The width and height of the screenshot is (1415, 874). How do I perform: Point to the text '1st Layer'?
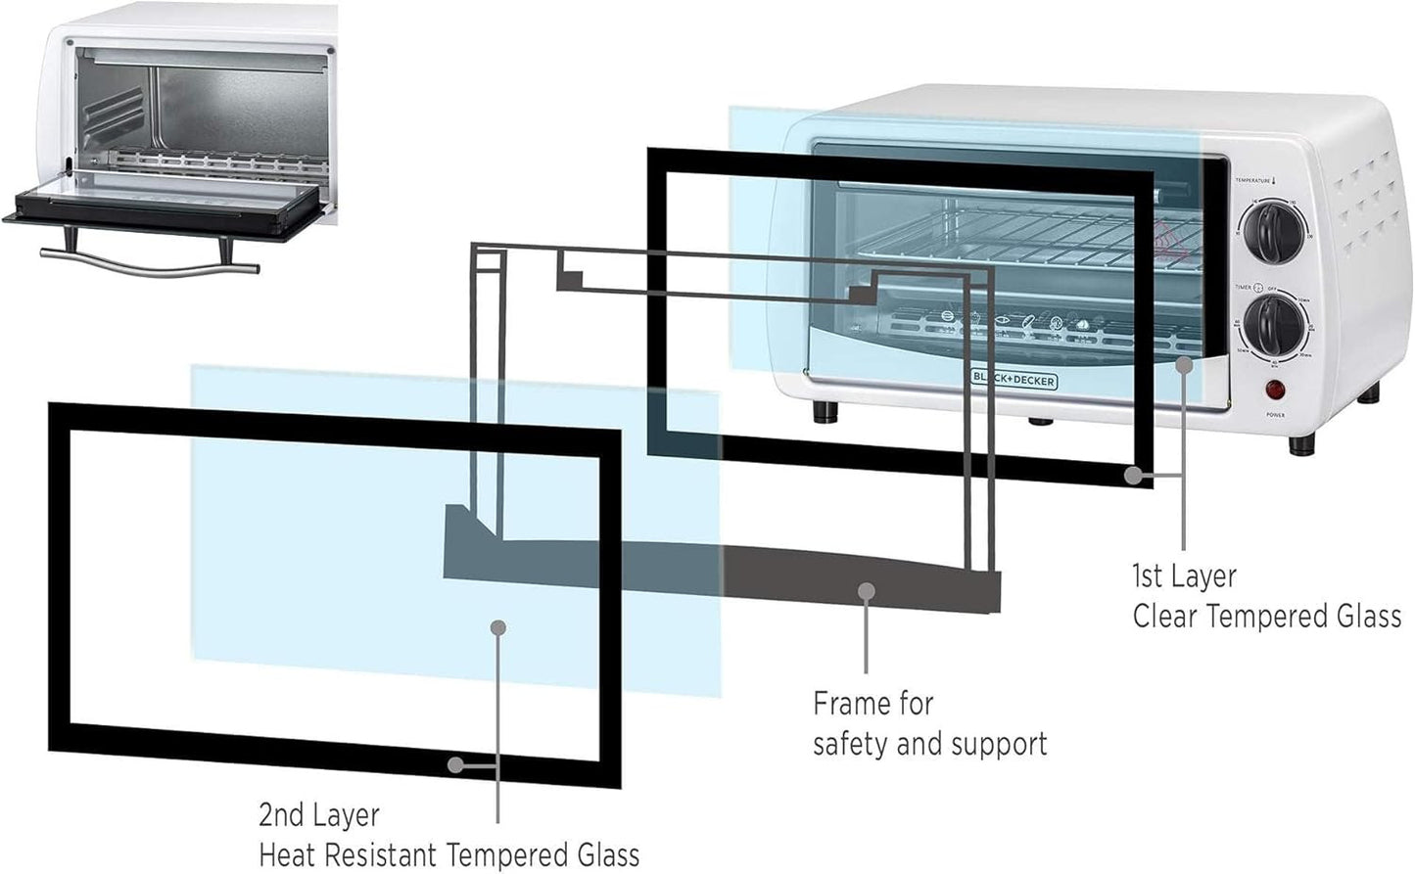pos(1184,576)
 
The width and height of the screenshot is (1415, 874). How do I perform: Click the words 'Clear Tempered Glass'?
pos(1266,617)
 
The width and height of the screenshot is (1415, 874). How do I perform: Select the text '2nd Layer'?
pos(318,814)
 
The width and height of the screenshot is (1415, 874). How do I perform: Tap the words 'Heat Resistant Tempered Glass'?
pos(448,854)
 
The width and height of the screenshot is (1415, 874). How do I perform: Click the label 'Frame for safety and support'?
pos(928,723)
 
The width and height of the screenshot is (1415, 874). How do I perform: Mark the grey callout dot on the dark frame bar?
pos(866,590)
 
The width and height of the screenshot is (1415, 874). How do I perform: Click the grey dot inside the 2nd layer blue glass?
pos(498,627)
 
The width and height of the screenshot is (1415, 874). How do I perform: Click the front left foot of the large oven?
pos(825,411)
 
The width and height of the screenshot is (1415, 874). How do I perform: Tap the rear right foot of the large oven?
pos(1369,393)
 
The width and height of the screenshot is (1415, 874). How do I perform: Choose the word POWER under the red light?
pos(1275,415)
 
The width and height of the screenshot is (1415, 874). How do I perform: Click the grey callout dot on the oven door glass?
pos(1184,364)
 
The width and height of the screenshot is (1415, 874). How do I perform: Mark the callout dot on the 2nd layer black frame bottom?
pos(454,764)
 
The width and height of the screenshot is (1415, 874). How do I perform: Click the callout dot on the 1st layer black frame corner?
pos(1133,476)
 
